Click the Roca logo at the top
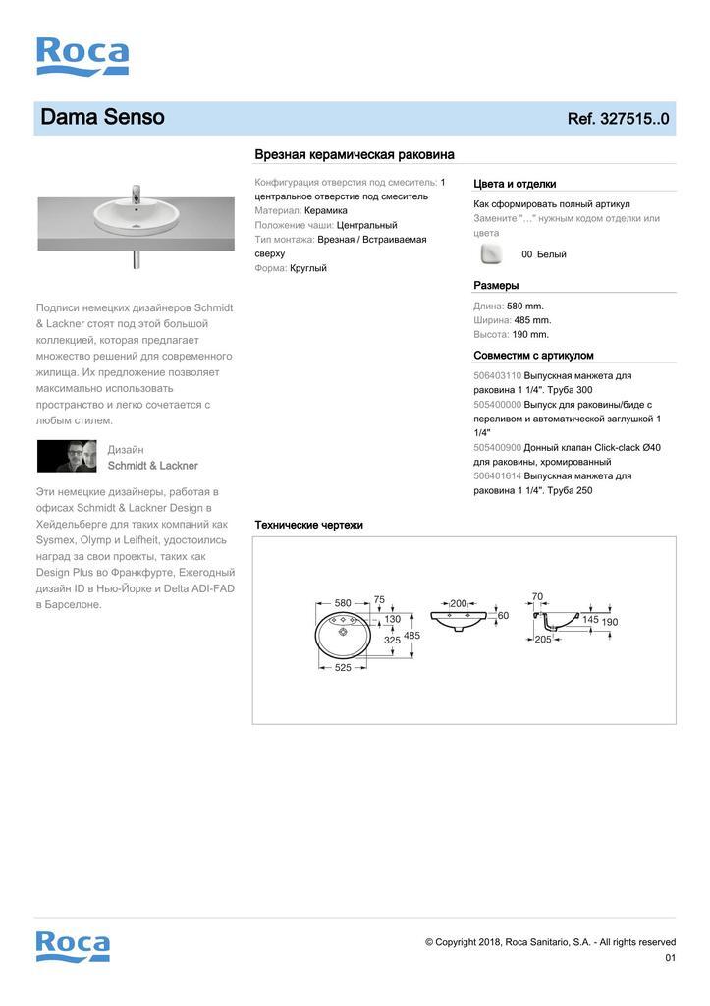point(82,56)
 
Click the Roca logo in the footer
point(73,945)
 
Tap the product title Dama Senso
point(102,118)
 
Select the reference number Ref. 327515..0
point(618,119)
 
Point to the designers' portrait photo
point(67,456)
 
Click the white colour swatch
point(490,254)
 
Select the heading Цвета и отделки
point(515,184)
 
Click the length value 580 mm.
point(524,306)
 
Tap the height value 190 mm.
point(530,334)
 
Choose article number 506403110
point(497,375)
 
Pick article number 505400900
point(497,447)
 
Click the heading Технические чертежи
point(308,525)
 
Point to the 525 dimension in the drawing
point(343,667)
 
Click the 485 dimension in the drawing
point(411,636)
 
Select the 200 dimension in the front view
point(458,603)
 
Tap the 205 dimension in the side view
point(542,640)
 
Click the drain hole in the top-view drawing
point(343,633)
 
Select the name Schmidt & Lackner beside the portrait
point(152,466)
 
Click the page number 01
point(670,958)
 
